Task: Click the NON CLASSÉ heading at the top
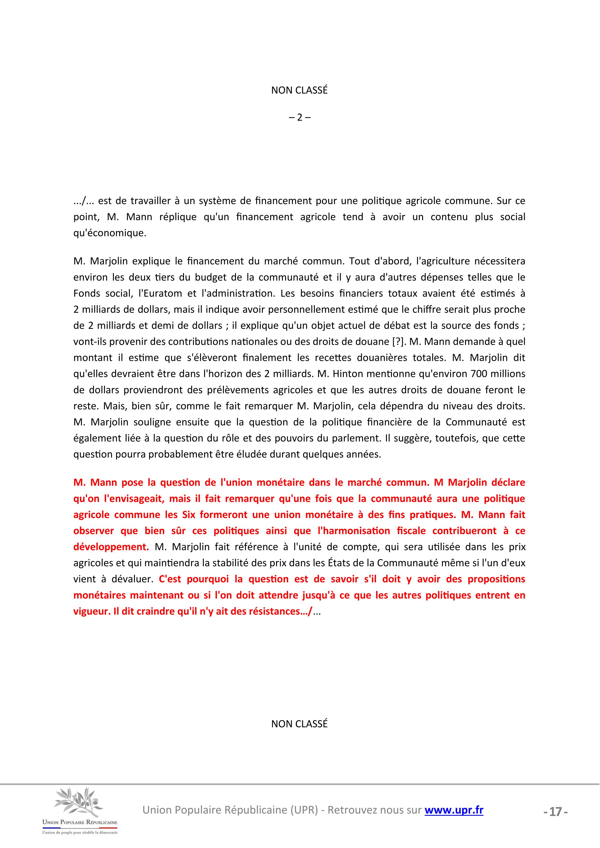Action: [299, 90]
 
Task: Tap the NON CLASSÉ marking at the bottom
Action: [299, 724]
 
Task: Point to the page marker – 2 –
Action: [299, 117]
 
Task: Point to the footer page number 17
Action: [555, 812]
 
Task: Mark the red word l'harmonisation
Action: [354, 531]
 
